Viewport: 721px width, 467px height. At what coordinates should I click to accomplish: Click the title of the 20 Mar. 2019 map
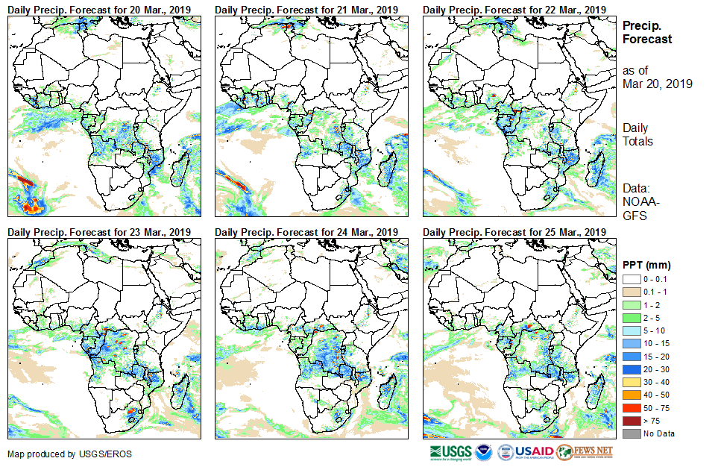point(100,8)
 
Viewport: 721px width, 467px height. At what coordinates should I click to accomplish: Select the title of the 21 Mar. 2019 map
point(307,8)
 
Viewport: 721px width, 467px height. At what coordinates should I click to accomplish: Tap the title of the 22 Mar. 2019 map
point(514,8)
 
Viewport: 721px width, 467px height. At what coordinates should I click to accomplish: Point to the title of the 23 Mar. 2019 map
point(100,232)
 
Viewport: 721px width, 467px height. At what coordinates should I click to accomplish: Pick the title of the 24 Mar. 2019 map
point(307,232)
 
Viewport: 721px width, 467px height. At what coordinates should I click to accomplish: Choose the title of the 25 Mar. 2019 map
point(514,232)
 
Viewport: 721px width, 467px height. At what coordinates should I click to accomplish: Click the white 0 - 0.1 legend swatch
point(629,279)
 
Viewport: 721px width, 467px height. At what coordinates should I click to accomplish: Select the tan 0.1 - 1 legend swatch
point(629,292)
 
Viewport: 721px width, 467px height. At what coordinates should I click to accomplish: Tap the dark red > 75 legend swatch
point(629,421)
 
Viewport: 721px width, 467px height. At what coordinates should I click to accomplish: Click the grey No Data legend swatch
point(629,433)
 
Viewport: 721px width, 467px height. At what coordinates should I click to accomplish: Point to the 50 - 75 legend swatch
point(629,408)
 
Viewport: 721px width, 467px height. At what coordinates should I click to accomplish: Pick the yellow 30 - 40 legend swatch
point(629,382)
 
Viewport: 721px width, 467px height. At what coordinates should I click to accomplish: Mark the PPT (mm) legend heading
point(647,265)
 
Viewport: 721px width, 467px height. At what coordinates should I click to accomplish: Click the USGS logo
point(450,453)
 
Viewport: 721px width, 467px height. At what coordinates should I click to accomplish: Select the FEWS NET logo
point(586,453)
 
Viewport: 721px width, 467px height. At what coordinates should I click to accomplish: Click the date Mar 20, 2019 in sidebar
point(658,84)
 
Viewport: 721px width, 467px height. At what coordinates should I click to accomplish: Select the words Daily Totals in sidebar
point(637,134)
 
